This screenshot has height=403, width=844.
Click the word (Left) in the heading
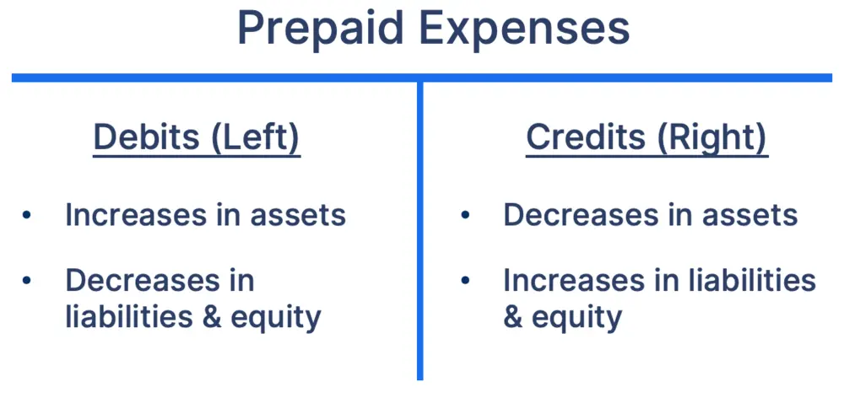click(x=255, y=137)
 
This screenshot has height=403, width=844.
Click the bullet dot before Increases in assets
click(x=27, y=215)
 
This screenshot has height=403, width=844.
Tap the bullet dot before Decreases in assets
click(x=465, y=215)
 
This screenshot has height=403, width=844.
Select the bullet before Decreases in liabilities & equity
click(x=27, y=280)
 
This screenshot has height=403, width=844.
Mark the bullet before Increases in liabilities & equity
click(x=465, y=280)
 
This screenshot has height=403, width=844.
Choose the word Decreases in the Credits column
click(x=576, y=215)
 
